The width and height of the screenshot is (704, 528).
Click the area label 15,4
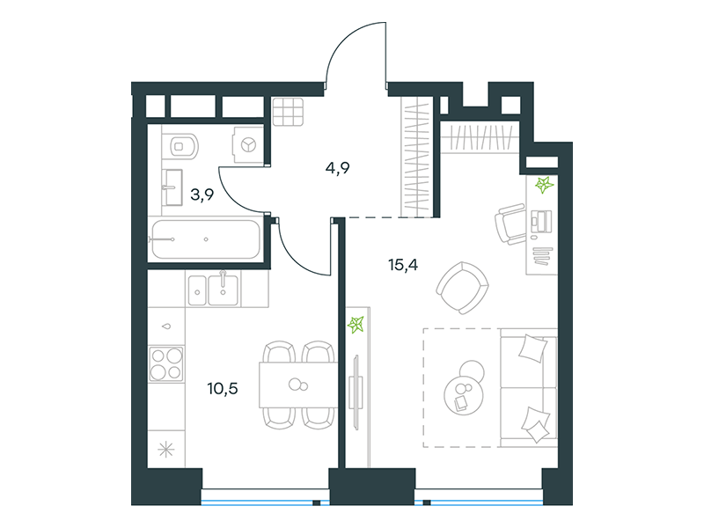pos(403,266)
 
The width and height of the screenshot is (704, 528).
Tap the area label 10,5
pos(223,388)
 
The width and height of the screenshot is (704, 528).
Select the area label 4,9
pos(338,168)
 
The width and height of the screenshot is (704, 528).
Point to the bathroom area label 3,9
pos(202,194)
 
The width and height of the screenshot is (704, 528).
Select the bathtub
pos(206,239)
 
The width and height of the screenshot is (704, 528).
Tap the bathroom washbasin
pos(172,187)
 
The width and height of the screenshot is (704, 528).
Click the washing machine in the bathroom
pos(247,144)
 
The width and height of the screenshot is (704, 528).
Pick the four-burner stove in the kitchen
pos(166,363)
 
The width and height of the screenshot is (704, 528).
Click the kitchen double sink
pos(213,290)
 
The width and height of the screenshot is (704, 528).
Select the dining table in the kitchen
pos(298,385)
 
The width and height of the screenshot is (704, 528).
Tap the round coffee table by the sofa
pos(465,389)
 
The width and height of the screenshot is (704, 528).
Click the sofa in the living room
pos(529,387)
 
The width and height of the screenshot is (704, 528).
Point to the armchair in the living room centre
pos(463,288)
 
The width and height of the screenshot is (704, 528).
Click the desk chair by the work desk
pos(510,224)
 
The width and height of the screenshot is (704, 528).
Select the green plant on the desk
pos(544,184)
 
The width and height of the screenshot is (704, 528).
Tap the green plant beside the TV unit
pos(356,324)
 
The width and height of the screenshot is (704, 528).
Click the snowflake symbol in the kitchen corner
pos(166,450)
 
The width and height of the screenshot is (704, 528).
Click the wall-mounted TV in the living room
pos(356,392)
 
